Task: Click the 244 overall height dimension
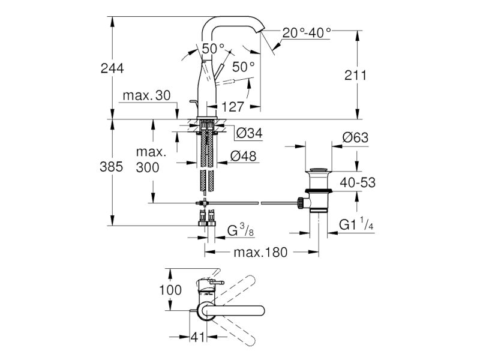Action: [112, 68]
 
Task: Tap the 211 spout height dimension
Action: [355, 75]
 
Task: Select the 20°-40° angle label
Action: [307, 32]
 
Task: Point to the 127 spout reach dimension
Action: [233, 107]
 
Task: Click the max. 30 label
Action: [146, 95]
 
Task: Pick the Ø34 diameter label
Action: [250, 133]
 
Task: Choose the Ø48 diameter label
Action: [244, 156]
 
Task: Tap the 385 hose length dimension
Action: [111, 167]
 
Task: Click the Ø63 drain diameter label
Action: [355, 137]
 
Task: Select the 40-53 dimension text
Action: [358, 183]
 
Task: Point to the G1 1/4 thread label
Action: [356, 224]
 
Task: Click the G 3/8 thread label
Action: [241, 230]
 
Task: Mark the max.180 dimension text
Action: [260, 253]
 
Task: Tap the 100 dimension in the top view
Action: [170, 290]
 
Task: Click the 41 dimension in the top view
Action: [197, 337]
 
